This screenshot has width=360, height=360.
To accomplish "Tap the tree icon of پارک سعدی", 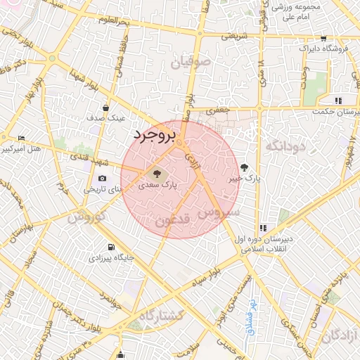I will point(156,173).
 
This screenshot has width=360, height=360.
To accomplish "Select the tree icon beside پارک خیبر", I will point(244,167).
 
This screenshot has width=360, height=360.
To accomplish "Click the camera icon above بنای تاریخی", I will point(103,179).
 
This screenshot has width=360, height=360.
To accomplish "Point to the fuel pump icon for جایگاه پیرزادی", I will point(110,247).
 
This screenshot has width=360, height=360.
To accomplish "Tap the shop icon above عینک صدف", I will point(105,108).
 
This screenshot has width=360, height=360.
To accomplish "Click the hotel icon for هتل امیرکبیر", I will point(20,138).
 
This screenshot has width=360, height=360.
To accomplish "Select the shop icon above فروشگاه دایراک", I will point(323,39).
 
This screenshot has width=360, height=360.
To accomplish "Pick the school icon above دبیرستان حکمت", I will point(338,100).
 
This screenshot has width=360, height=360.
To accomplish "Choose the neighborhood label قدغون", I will point(171,220).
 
